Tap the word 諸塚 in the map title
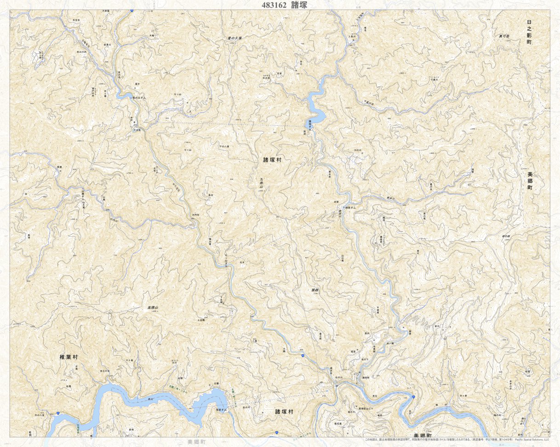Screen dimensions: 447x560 tap(299, 5)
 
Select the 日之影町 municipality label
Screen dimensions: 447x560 tap(529, 32)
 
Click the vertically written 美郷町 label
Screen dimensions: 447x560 tap(529, 181)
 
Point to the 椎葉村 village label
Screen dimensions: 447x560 tap(69, 357)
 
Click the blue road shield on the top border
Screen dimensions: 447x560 tap(132, 10)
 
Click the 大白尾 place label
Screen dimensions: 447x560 tap(136, 130)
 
